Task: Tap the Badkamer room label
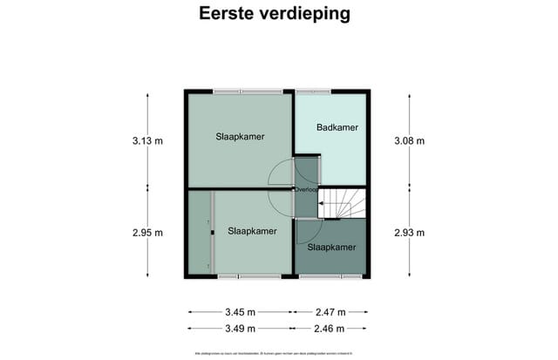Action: pos(337,128)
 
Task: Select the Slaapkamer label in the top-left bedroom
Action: pos(240,137)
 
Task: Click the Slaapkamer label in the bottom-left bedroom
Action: pos(252,231)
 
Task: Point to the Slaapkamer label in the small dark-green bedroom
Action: pos(332,248)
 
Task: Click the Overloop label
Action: pos(305,188)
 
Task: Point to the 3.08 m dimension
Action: pos(409,140)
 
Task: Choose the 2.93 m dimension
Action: pos(409,232)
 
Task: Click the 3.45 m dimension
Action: pos(240,312)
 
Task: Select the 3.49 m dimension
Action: pos(240,329)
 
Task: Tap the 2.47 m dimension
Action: pos(330,312)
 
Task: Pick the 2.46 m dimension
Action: pos(330,329)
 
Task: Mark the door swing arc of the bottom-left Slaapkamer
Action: pos(281,206)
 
